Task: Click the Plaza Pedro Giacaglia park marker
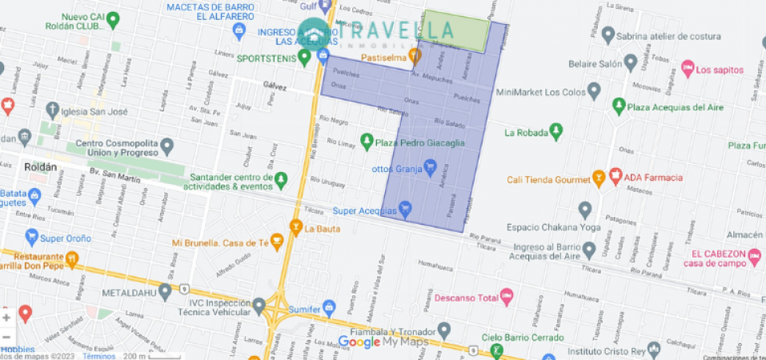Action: tap(367, 142)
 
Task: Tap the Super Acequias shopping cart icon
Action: tap(405, 210)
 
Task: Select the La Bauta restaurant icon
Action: tap(296, 228)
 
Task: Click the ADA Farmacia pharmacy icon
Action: tap(616, 176)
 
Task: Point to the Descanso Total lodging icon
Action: tap(505, 298)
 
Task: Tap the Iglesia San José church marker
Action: tap(53, 109)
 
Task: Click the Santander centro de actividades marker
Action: tap(280, 181)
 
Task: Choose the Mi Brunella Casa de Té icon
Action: tap(277, 240)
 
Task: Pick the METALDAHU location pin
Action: tap(166, 292)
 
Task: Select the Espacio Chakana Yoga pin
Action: tap(585, 210)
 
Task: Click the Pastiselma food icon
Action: tap(415, 56)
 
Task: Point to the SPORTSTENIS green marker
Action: tap(304, 57)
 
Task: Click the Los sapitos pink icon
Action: tap(687, 69)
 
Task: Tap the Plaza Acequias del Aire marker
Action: tap(618, 106)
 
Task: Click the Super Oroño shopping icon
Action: tap(31, 237)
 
